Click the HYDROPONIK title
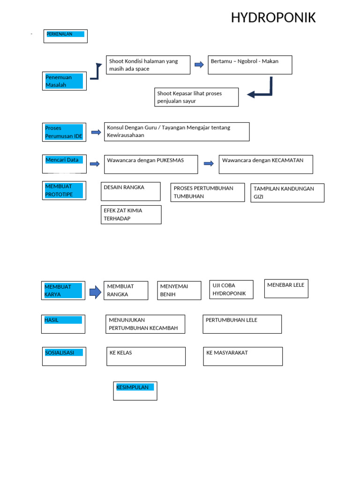273,18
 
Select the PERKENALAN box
66,36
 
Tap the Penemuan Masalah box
64,81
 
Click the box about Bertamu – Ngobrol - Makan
250,65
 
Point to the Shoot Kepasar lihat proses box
196,97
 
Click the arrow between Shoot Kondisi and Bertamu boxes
199,65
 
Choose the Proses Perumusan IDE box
64,132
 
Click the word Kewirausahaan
126,135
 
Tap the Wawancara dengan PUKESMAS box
151,165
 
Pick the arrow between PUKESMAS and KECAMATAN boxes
209,164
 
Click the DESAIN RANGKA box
131,192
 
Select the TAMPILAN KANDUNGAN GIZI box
287,193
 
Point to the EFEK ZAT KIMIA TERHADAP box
131,215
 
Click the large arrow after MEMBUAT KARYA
95,292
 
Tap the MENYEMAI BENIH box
179,291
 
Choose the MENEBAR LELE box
286,289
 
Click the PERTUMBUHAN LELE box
242,324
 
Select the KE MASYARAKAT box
243,356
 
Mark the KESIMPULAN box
135,391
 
